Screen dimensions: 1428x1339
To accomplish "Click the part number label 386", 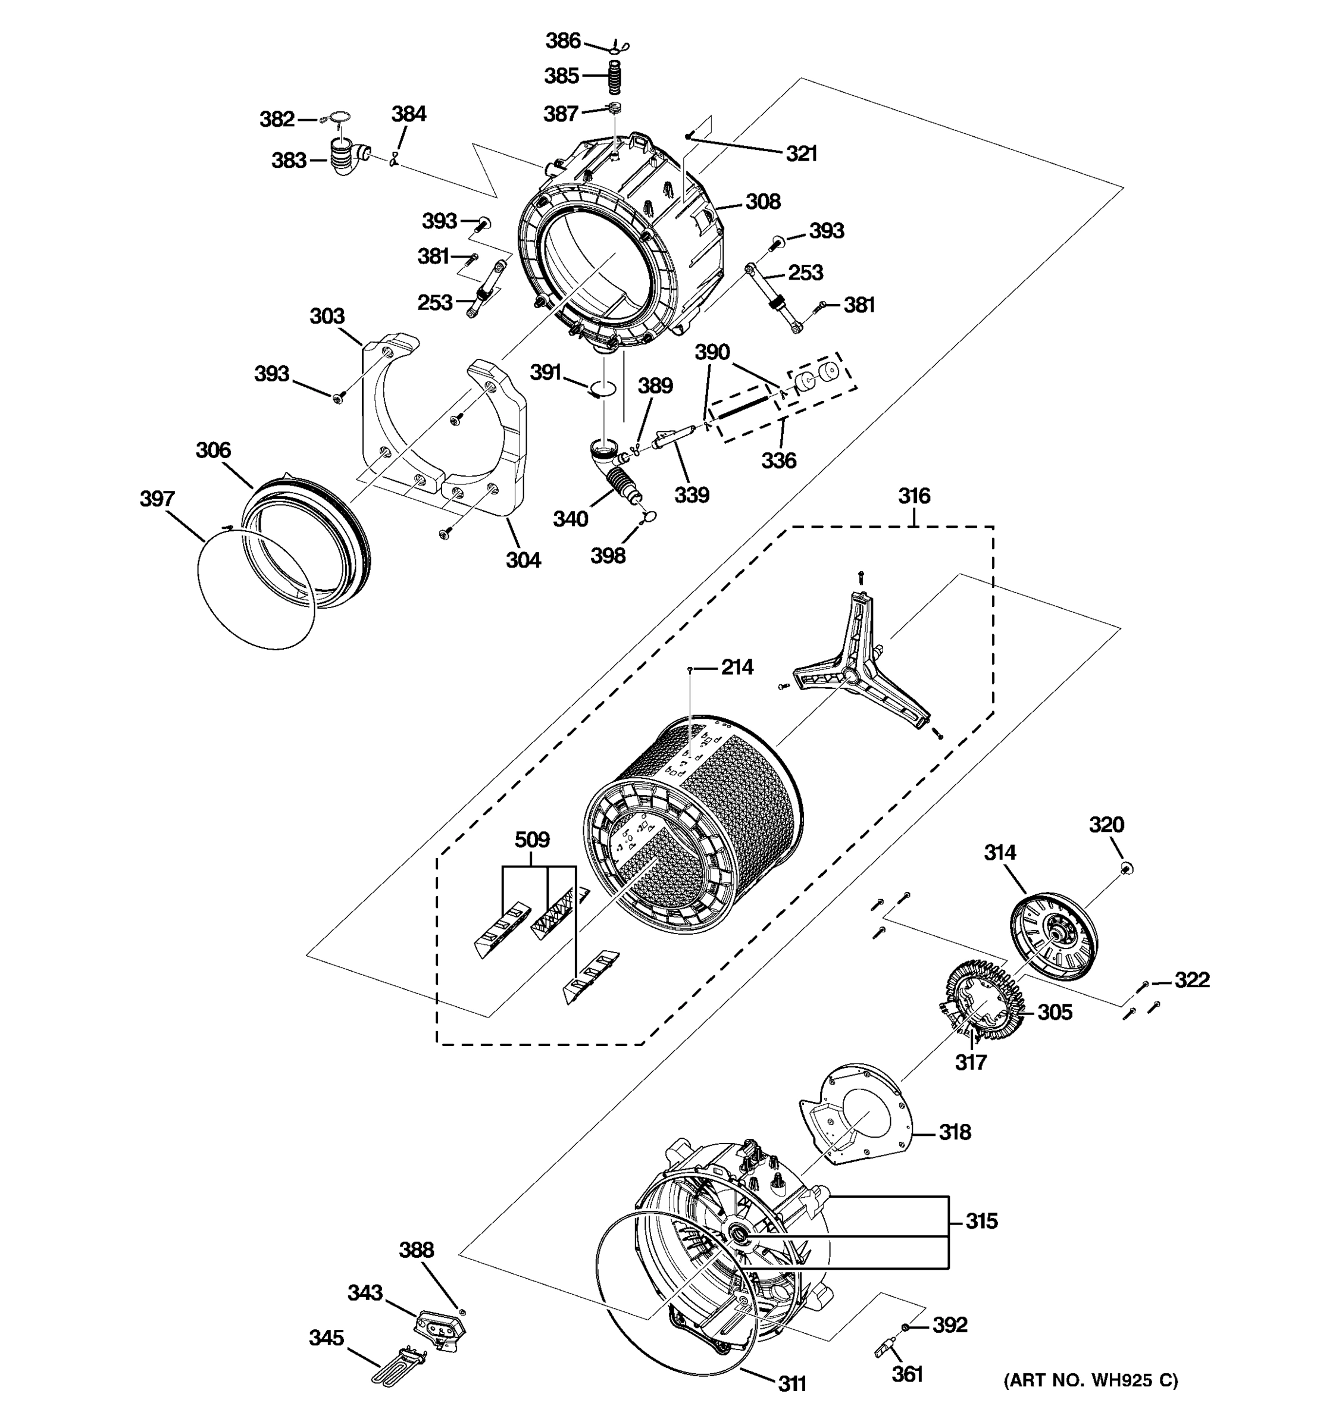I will click(562, 41).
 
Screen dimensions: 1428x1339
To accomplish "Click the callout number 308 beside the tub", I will click(762, 201).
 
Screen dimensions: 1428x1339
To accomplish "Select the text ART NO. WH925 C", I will click(1090, 1380).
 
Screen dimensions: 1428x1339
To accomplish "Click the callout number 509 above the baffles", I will click(532, 839).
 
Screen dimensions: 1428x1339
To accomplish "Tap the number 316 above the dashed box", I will click(913, 496).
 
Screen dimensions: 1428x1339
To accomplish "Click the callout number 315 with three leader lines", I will click(981, 1220).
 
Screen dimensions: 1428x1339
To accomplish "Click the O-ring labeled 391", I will click(603, 389).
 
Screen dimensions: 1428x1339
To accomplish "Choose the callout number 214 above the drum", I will click(737, 668).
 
